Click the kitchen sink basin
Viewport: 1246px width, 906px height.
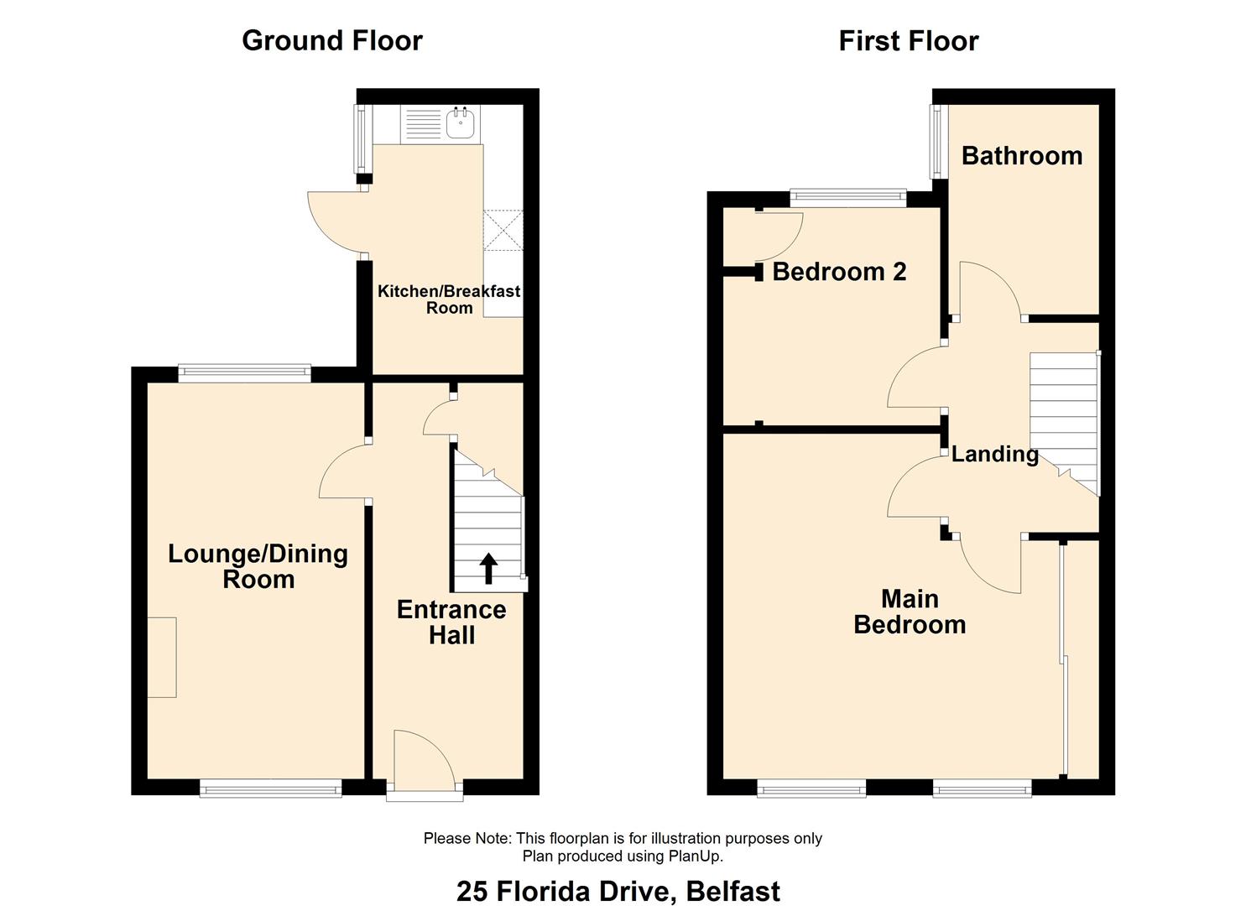(460, 122)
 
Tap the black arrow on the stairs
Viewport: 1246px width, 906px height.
(488, 569)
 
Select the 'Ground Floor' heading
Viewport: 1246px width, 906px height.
(332, 41)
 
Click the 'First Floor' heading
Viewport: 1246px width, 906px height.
(909, 41)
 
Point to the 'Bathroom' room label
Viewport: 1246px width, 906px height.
(1022, 156)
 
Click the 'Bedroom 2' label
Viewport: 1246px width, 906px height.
(839, 272)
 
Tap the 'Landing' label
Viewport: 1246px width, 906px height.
(994, 455)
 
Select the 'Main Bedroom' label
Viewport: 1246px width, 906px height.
(910, 612)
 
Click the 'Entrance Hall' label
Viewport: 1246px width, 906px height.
(451, 622)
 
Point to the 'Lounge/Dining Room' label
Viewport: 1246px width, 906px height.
(258, 566)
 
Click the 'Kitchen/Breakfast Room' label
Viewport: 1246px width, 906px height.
(449, 299)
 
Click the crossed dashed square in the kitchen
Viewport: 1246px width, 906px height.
(503, 230)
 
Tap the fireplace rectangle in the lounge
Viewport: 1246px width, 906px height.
(162, 657)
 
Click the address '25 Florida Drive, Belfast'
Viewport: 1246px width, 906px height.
(618, 891)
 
